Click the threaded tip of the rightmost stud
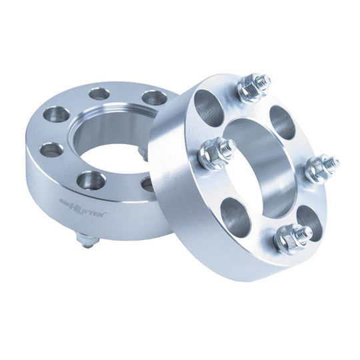[331, 162]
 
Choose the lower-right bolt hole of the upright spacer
[309, 217]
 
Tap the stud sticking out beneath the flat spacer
[87, 239]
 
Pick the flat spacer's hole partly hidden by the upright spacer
[147, 183]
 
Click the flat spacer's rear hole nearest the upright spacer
[154, 97]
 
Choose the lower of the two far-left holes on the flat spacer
[52, 149]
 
